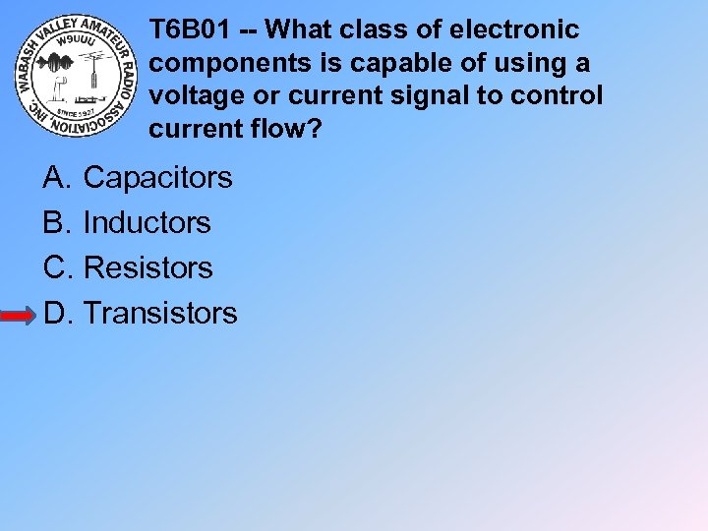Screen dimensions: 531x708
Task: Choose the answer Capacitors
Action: tap(157, 178)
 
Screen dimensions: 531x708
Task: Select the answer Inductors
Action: tap(147, 223)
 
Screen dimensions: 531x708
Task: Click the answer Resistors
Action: tap(147, 267)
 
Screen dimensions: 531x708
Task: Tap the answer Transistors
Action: tap(160, 313)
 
